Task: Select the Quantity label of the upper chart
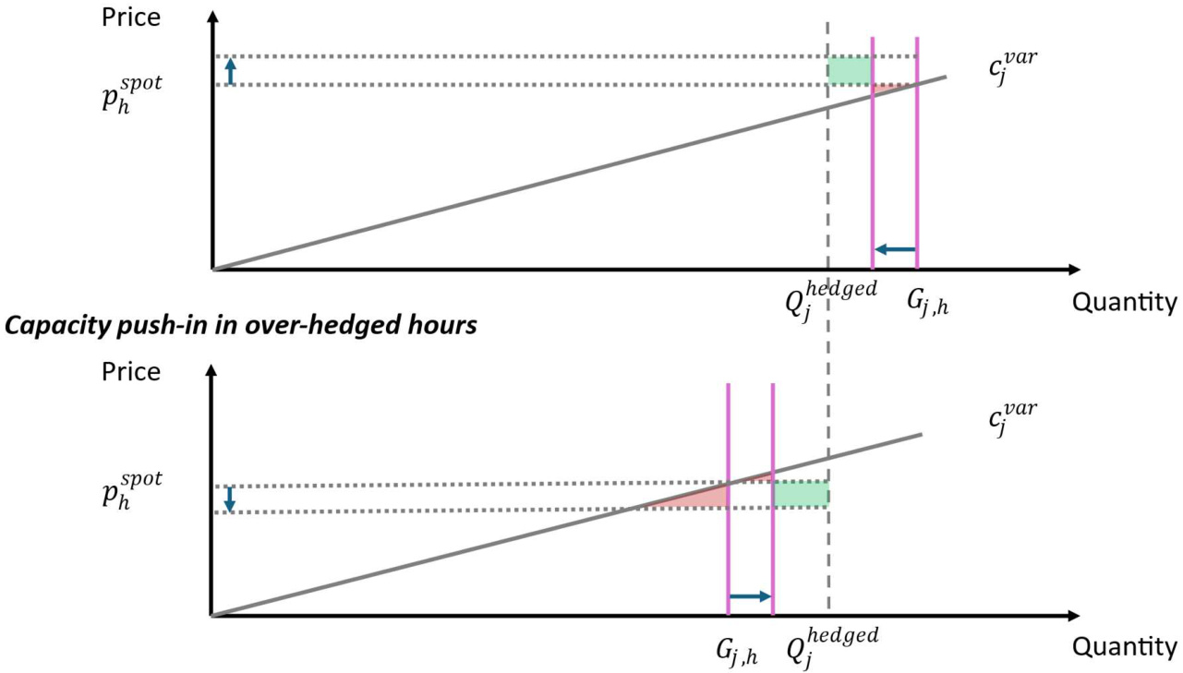tap(1125, 302)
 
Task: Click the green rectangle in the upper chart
tap(850, 71)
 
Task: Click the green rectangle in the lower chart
tap(800, 495)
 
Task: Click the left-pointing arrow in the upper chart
tap(895, 248)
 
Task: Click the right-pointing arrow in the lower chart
tap(750, 596)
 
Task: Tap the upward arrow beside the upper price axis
tap(231, 71)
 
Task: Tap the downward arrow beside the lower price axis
tap(231, 499)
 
